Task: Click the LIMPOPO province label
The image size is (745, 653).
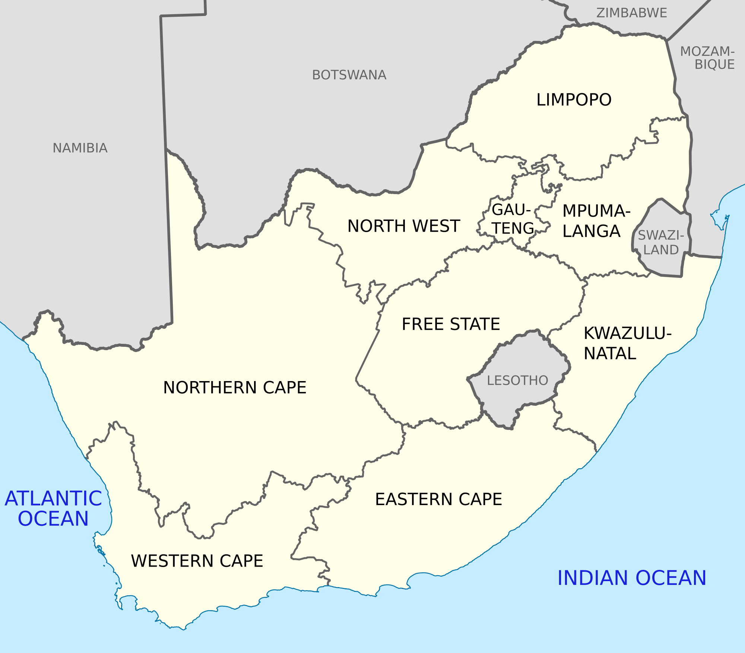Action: tap(574, 100)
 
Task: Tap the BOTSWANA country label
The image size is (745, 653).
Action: tap(349, 75)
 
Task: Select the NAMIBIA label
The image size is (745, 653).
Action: tap(80, 148)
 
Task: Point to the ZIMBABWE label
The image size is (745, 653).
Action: tap(632, 13)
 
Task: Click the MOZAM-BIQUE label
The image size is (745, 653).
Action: tap(708, 58)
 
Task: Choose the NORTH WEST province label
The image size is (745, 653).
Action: tap(403, 226)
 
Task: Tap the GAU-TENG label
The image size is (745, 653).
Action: tap(513, 219)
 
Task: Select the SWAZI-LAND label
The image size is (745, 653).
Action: tap(661, 243)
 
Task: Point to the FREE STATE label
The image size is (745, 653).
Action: tap(451, 324)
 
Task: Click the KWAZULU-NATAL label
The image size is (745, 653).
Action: tap(627, 343)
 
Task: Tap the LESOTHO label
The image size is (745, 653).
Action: tap(517, 380)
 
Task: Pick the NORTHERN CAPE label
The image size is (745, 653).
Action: tap(235, 387)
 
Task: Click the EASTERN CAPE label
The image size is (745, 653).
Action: tap(438, 499)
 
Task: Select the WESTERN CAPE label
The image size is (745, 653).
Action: tap(197, 561)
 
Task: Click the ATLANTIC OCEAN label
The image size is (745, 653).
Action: tap(53, 508)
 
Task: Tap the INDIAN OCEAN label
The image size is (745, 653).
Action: tap(631, 578)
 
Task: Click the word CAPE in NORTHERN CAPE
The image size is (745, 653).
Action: tap(285, 387)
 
